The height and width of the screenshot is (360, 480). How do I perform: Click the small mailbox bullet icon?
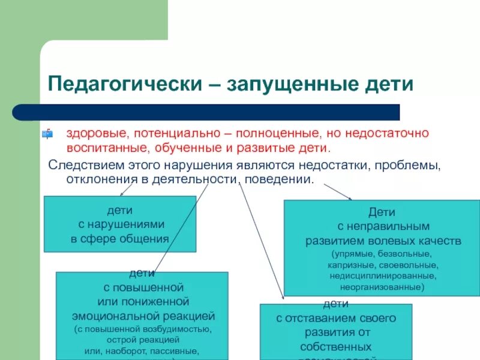[47, 133]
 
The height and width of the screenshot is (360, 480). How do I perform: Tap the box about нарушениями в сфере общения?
[120, 224]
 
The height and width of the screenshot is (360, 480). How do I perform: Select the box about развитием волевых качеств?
[382, 248]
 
